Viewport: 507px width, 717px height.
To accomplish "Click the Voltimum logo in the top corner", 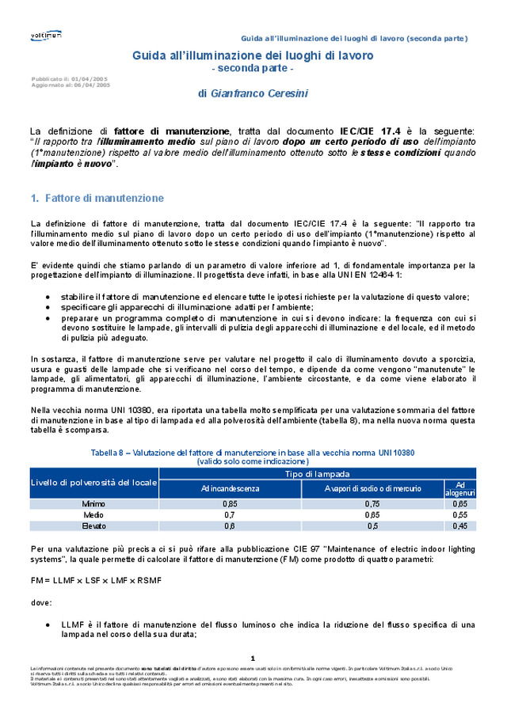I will [x=46, y=36].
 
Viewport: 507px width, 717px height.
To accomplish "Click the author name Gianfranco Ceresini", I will [x=253, y=93].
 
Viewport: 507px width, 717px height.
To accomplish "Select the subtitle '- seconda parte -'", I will [x=253, y=70].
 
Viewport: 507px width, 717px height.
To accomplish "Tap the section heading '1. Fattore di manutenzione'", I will [x=97, y=198].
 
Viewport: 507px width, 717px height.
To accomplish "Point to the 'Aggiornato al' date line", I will [x=71, y=84].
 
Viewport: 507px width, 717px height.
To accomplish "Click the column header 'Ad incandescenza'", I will [x=230, y=488].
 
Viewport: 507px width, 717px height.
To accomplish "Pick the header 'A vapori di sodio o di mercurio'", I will [x=372, y=488].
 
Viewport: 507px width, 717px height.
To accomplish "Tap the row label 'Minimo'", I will [x=93, y=503].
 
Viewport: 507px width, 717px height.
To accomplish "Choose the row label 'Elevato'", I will [x=93, y=525].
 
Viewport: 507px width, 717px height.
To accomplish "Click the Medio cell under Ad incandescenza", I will [x=230, y=514].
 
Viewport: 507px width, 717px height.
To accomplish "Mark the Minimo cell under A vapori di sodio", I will [x=372, y=503].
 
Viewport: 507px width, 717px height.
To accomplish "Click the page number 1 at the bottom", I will [x=253, y=658].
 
